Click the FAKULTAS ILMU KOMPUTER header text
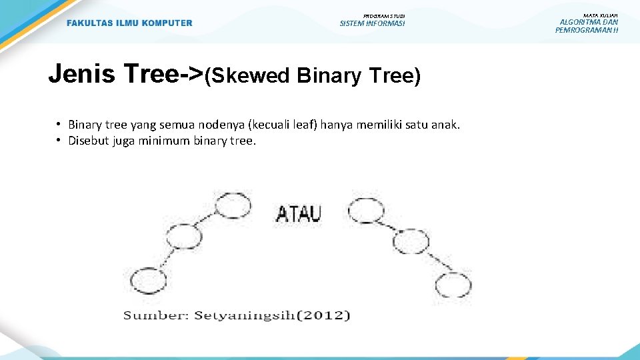(129, 23)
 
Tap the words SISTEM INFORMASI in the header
(372, 24)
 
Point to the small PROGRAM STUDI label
(383, 15)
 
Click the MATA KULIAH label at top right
(600, 15)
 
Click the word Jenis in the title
(81, 74)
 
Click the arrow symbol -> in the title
(190, 74)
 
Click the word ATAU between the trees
(299, 214)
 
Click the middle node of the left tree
(183, 237)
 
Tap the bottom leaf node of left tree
(148, 281)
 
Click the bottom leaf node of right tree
(453, 285)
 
